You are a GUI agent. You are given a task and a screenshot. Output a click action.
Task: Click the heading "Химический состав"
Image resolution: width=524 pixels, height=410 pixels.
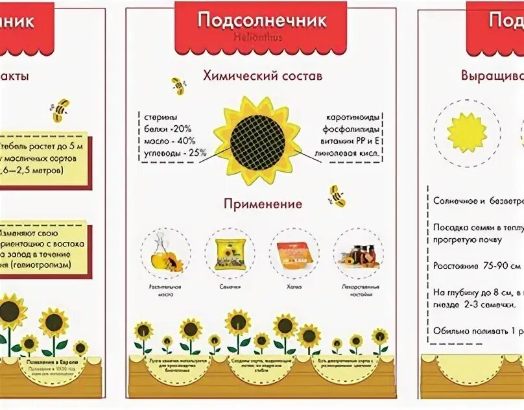262,76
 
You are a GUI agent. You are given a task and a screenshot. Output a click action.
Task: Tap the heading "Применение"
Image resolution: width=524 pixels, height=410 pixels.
263,204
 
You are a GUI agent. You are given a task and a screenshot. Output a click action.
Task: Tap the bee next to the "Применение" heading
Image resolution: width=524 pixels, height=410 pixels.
337,195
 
